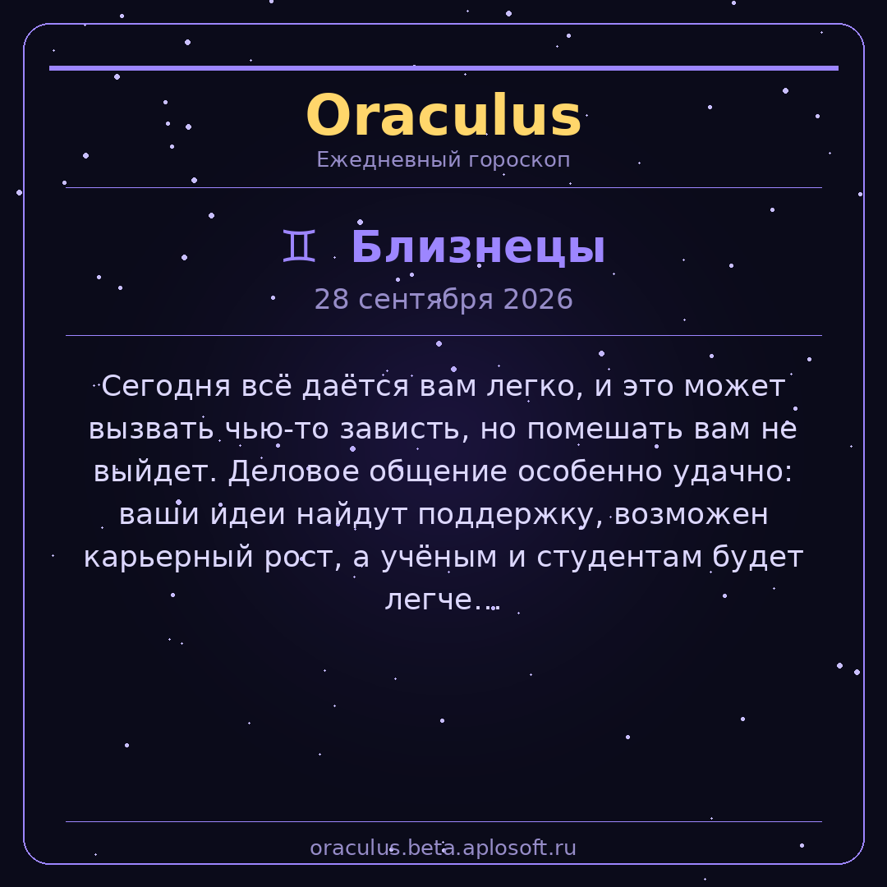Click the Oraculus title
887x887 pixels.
pyautogui.click(x=443, y=116)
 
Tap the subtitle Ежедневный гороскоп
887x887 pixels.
pyautogui.click(x=443, y=159)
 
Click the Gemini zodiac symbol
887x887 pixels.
pyautogui.click(x=299, y=246)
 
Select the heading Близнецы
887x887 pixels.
pyautogui.click(x=478, y=246)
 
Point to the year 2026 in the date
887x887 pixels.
pyautogui.click(x=537, y=299)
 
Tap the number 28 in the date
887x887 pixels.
pyautogui.click(x=332, y=299)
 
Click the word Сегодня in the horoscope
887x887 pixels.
pyautogui.click(x=166, y=387)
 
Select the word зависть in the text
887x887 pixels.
pyautogui.click(x=404, y=429)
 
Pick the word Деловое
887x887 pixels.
pyautogui.click(x=293, y=471)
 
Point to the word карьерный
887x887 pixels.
pyautogui.click(x=168, y=557)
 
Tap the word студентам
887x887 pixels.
pyautogui.click(x=619, y=557)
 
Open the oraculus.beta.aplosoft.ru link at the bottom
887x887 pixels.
pyautogui.click(x=443, y=848)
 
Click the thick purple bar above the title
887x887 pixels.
pyautogui.click(x=443, y=68)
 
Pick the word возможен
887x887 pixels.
pyautogui.click(x=691, y=515)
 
